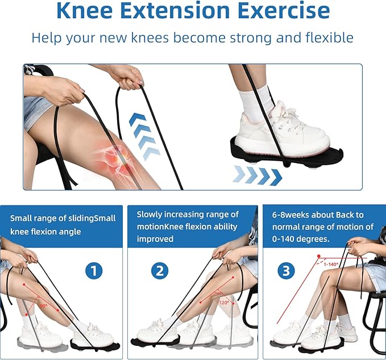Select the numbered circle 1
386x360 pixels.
pos(94,271)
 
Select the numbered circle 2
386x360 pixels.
pos(160,271)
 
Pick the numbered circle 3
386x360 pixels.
pos(286,271)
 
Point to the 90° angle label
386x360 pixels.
pos(43,306)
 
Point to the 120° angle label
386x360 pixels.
pos(224,303)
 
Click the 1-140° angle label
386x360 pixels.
pos(331,265)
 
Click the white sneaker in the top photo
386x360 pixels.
pos(283,128)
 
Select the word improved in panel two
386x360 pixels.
pos(155,239)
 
